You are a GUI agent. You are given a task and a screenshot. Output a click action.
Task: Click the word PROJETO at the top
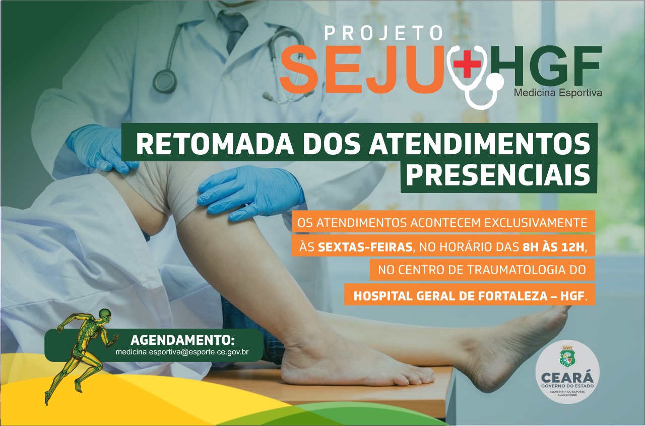coord(383,33)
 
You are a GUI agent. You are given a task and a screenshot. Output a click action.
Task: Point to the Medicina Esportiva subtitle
coord(558,93)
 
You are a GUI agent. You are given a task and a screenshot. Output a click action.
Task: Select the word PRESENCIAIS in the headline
coord(498,175)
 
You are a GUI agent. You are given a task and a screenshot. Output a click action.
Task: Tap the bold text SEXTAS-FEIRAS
coord(365,248)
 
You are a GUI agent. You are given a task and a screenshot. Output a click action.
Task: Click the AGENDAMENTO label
coord(182,340)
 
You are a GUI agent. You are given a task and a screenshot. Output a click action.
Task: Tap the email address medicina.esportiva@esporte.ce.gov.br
coord(182,352)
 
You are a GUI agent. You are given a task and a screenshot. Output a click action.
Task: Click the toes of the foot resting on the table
coord(418,378)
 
